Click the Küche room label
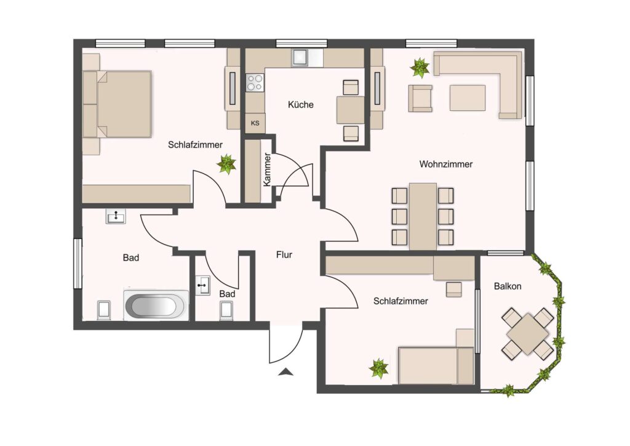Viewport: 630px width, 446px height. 300,105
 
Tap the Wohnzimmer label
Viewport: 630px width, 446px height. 446,164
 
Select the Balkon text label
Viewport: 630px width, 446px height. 508,286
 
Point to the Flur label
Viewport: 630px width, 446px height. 284,254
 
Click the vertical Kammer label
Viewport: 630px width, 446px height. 267,169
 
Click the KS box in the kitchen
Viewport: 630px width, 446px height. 255,123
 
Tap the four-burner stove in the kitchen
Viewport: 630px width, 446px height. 255,83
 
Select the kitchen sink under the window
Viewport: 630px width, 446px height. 301,57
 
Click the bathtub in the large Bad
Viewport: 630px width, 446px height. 156,306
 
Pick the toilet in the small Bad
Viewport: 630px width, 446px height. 226,311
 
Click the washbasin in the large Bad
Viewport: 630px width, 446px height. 116,216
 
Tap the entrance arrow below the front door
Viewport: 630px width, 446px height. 285,372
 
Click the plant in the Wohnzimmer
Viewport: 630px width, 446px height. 420,68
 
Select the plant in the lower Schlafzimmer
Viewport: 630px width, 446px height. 379,368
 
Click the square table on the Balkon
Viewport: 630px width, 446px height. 527,334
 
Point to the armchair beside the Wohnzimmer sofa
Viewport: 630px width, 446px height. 420,98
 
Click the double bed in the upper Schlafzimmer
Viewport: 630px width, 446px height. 117,104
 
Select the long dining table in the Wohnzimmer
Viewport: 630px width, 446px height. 423,217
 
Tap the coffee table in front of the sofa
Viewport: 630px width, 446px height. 468,98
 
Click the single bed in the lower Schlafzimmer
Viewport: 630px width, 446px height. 436,365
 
